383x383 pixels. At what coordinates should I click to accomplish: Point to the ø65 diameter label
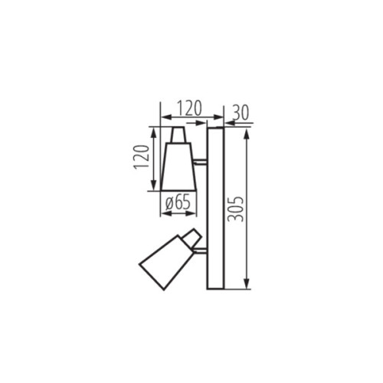point(178,203)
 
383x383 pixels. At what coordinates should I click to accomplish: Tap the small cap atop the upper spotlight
point(178,135)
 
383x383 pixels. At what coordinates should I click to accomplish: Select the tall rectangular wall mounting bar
point(215,208)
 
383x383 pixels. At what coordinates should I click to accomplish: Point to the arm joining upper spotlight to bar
point(201,162)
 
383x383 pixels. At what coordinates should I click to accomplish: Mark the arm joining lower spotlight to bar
point(201,248)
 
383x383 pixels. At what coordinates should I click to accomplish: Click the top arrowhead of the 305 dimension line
point(247,133)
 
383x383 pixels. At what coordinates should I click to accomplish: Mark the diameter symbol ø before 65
point(168,203)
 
